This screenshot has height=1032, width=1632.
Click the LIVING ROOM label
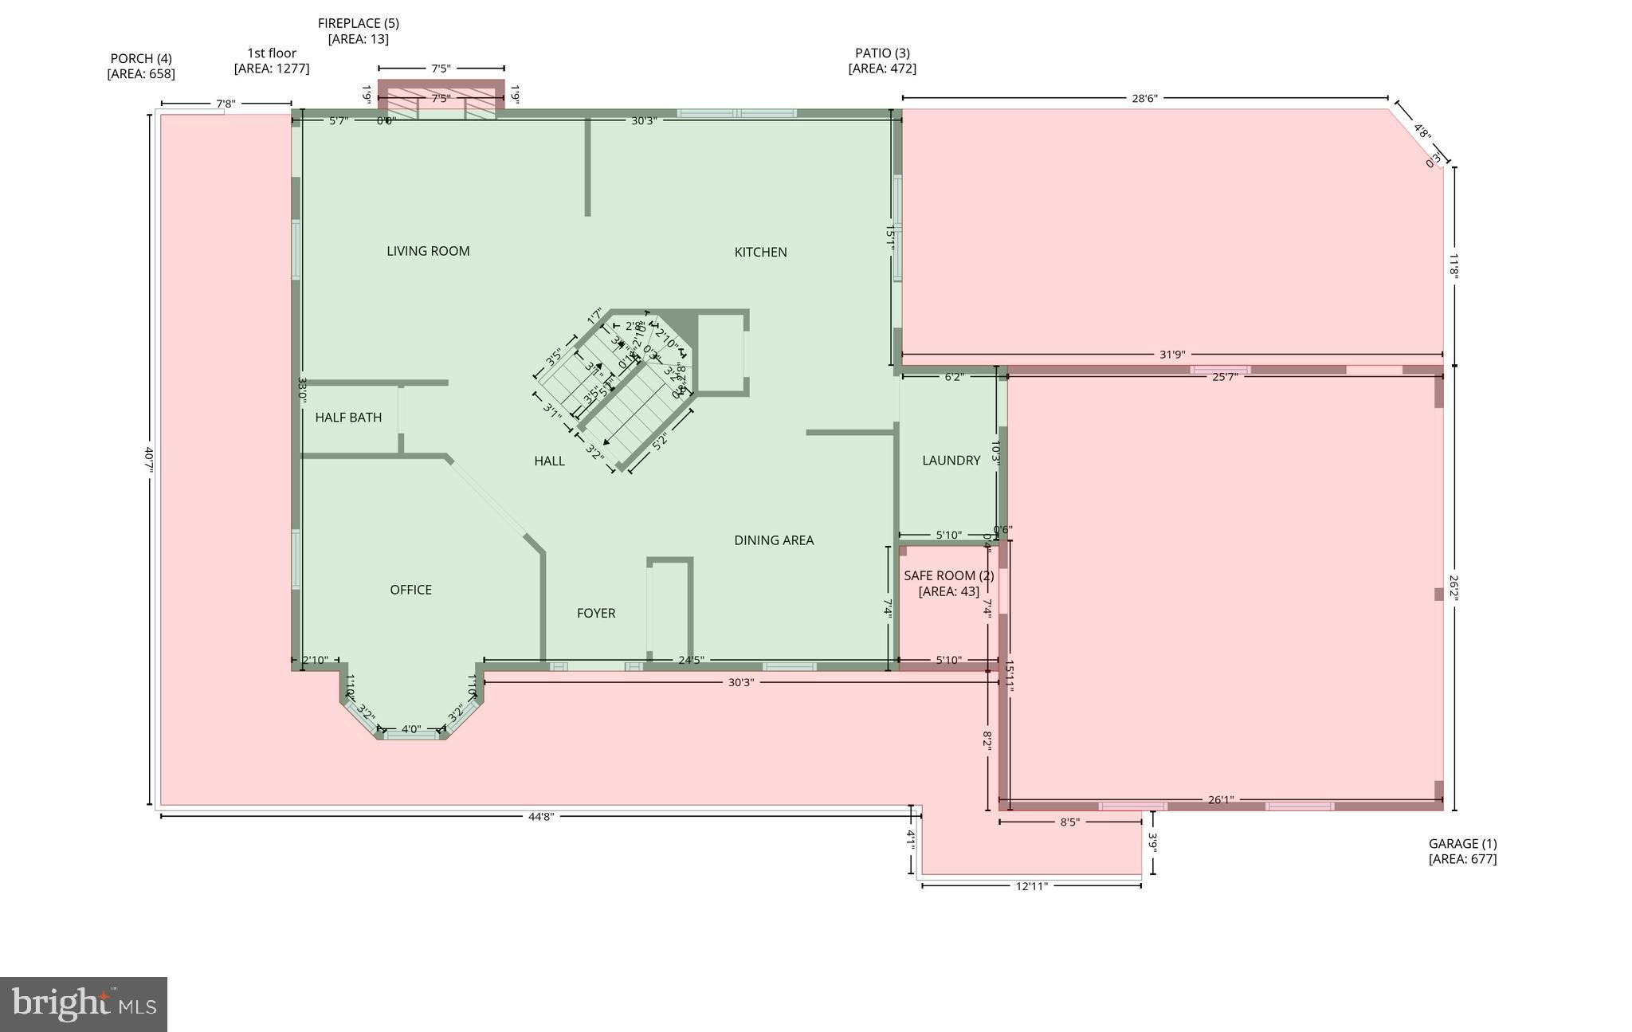point(428,251)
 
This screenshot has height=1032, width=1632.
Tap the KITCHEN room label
point(760,252)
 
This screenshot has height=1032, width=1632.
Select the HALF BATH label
point(348,418)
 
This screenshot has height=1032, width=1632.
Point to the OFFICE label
point(410,590)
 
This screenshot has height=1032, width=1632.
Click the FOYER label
point(596,613)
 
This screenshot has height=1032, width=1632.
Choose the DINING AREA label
point(774,540)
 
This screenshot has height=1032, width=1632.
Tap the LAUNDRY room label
point(951,461)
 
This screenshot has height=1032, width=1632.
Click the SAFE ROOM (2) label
point(948,575)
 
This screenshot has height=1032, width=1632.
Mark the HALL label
point(549,461)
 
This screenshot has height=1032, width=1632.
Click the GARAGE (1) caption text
point(1462,844)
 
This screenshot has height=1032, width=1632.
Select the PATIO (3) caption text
point(882,53)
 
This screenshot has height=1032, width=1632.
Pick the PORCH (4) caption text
point(141,58)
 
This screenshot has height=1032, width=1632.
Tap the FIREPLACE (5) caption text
point(358,24)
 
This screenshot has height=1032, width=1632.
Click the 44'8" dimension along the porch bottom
point(540,817)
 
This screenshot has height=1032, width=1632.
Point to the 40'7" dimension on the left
point(149,460)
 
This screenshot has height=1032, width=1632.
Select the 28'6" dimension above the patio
point(1144,99)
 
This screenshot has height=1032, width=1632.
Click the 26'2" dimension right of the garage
point(1454,588)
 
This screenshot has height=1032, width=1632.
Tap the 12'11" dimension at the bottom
point(1031,885)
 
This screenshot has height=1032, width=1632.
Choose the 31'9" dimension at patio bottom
point(1171,355)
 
